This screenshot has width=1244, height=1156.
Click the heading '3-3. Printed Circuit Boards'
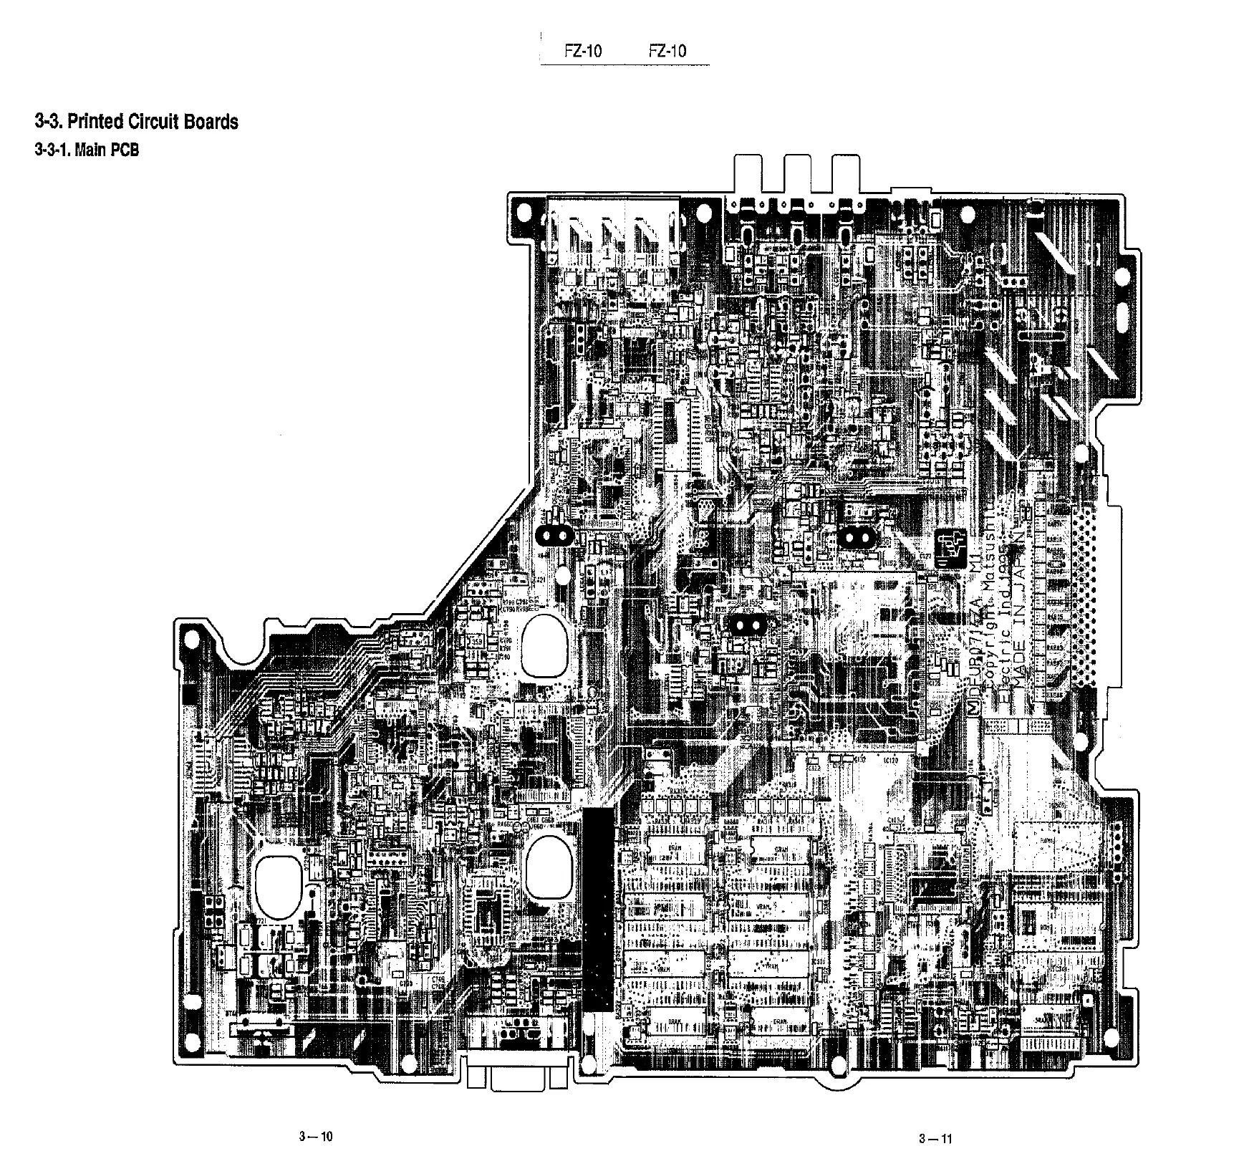(136, 122)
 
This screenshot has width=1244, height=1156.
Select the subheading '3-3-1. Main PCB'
(87, 150)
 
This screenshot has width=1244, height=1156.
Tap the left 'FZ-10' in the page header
(583, 51)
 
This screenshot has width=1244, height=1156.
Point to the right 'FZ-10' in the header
(667, 51)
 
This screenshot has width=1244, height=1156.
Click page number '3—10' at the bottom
(316, 1136)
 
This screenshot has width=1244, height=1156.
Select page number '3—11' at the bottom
(935, 1139)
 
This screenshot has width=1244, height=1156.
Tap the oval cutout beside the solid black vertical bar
(549, 868)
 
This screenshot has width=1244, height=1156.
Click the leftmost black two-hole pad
(554, 536)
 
